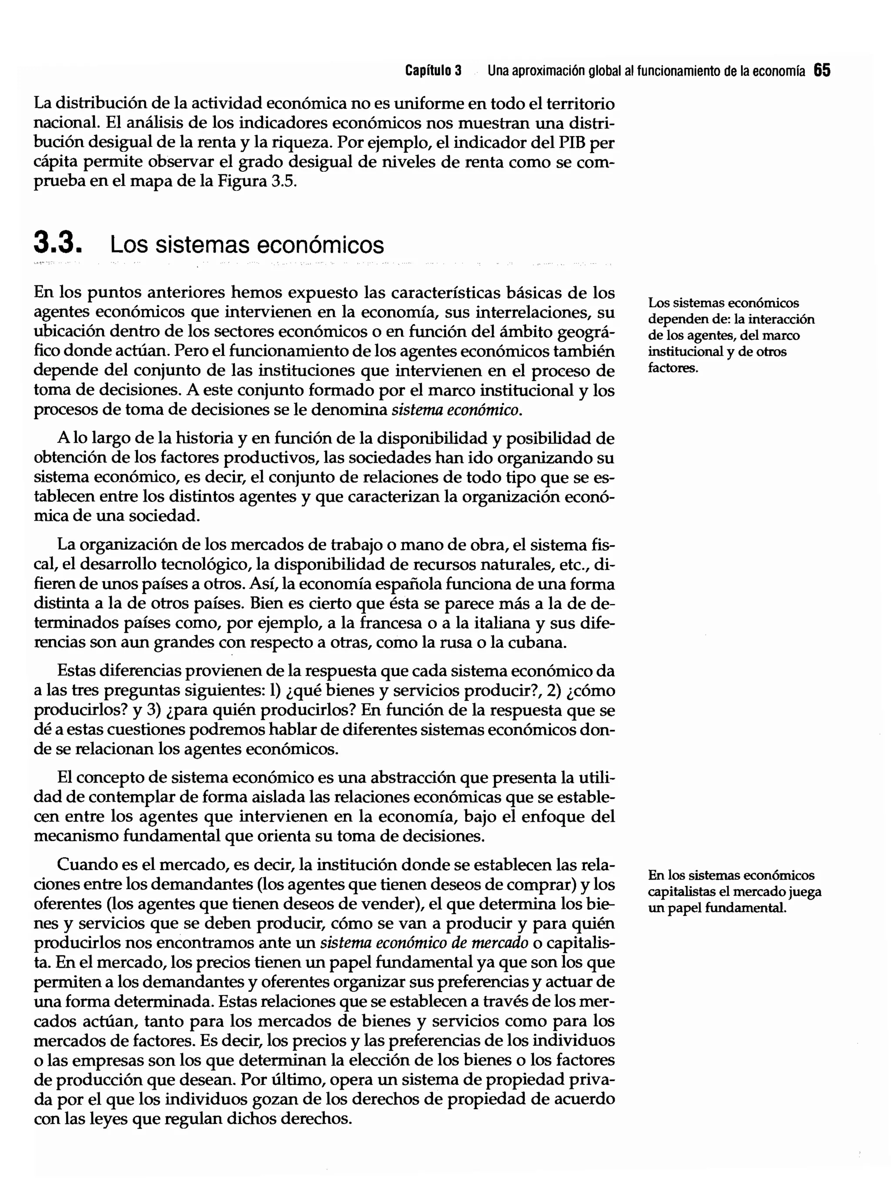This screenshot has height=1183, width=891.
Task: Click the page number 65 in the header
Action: click(x=822, y=70)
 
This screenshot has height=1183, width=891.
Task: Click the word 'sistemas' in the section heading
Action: click(x=202, y=245)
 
